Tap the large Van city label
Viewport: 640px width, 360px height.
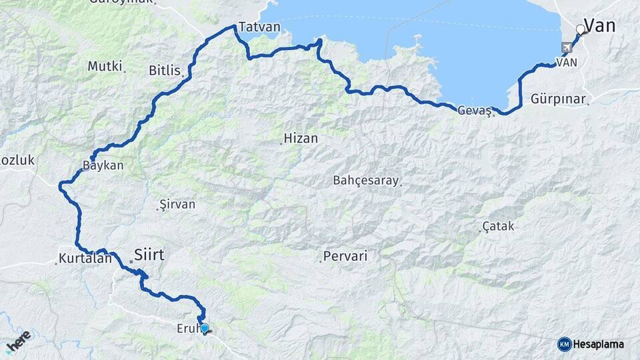point(599,26)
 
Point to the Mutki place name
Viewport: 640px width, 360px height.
point(105,66)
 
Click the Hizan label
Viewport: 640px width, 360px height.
point(301,139)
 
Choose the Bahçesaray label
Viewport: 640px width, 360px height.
point(365,181)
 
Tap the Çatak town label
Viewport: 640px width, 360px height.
point(498,227)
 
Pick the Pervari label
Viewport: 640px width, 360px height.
point(345,256)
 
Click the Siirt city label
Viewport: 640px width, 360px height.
point(149,254)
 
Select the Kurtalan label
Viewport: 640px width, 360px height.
point(85,259)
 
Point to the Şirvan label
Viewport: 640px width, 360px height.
point(178,204)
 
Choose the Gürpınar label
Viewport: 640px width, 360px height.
point(559,99)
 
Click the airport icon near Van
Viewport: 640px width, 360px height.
point(567,47)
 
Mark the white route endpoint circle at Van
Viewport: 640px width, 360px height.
point(580,29)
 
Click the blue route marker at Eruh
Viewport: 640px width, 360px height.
point(205,327)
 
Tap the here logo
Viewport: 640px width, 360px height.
point(18,341)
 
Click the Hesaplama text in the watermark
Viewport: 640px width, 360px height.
point(598,345)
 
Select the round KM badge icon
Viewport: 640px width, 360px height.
point(564,344)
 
